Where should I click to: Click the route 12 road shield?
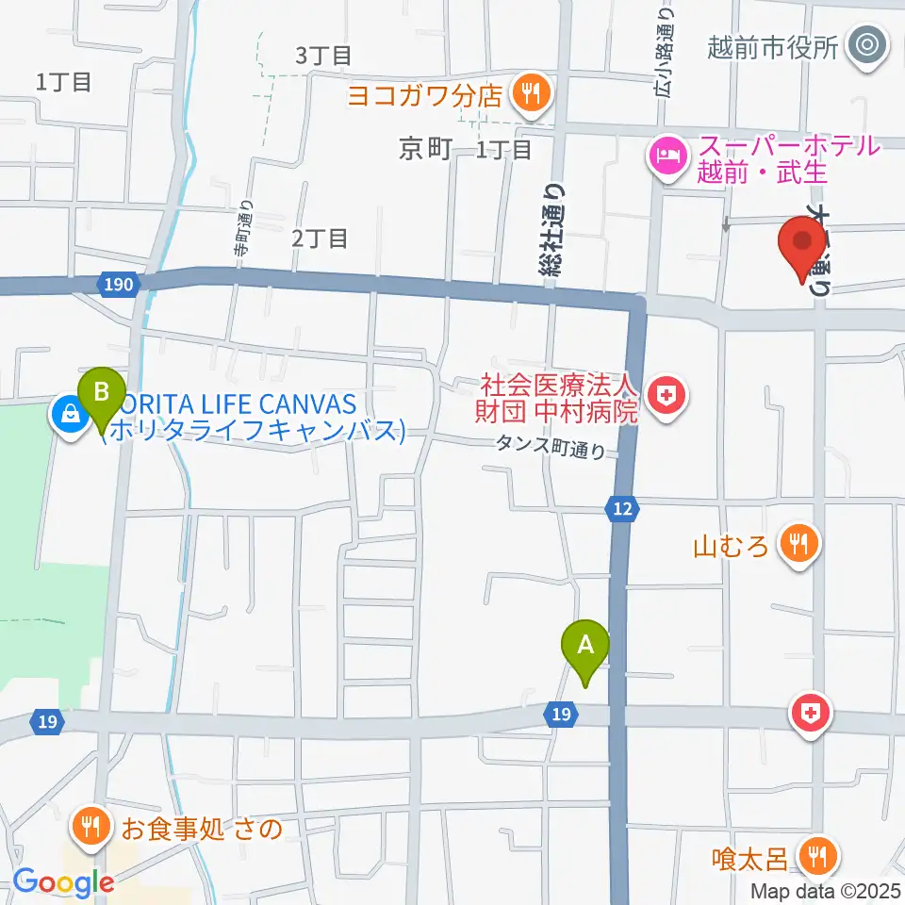[620, 510]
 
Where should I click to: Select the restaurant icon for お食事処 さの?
[91, 828]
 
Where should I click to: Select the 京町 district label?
[426, 149]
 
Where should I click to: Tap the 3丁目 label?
[323, 56]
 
